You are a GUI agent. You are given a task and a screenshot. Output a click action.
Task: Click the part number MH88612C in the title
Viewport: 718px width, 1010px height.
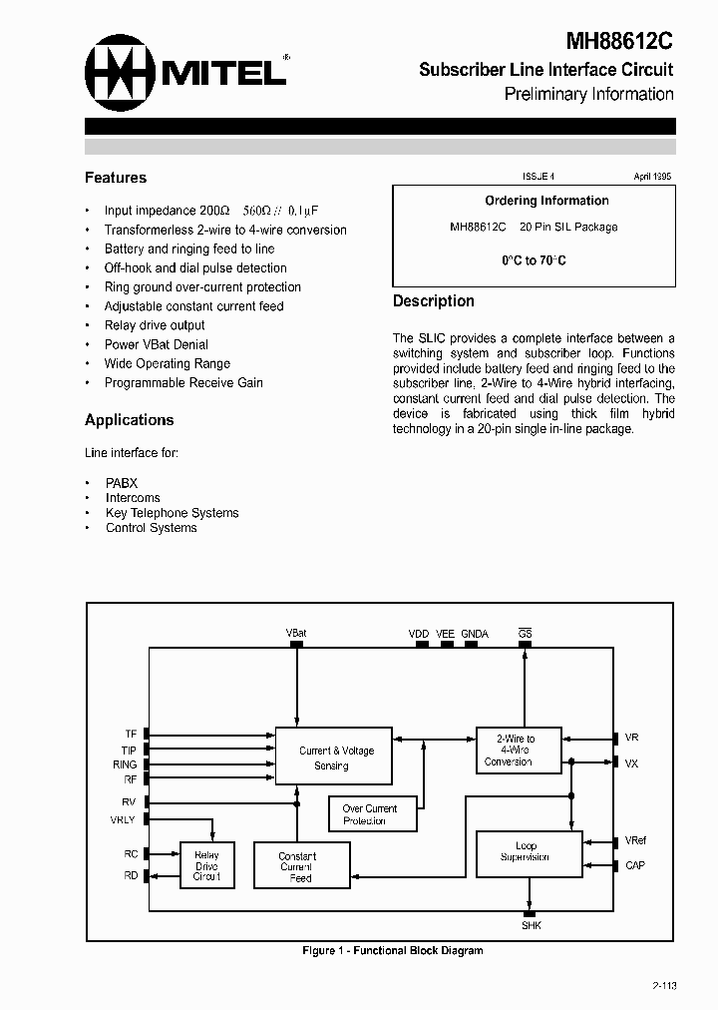point(619,41)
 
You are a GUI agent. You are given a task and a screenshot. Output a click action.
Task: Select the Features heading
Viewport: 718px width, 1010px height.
point(116,178)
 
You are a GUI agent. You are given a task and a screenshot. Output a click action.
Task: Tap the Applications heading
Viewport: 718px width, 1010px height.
point(130,420)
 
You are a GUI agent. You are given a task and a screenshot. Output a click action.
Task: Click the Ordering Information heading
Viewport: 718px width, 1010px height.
point(546,201)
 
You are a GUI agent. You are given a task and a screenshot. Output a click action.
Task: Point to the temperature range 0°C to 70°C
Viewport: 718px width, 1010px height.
point(534,260)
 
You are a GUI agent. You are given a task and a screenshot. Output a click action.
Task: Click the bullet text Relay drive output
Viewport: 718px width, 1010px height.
point(155,325)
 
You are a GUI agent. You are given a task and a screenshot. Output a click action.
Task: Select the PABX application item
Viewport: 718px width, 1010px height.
point(122,483)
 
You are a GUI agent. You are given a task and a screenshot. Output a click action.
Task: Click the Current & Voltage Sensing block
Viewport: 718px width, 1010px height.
point(333,757)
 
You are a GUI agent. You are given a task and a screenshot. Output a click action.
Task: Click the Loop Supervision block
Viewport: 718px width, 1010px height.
point(526,852)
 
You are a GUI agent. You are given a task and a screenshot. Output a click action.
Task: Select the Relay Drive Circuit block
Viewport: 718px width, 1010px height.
point(206,865)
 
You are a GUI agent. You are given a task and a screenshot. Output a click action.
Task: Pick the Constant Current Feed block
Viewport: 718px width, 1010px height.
point(300,867)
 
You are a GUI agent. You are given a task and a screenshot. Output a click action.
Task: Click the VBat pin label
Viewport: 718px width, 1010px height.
point(296,633)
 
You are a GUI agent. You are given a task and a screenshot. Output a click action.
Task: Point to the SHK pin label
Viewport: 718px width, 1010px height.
point(531,925)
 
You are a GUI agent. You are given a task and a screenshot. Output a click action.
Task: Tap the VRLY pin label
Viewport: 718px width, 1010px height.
point(124,819)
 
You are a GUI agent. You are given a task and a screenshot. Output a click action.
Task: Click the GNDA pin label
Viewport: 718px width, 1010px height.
point(475,633)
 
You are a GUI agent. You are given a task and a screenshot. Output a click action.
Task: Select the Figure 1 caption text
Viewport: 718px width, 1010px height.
point(392,950)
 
